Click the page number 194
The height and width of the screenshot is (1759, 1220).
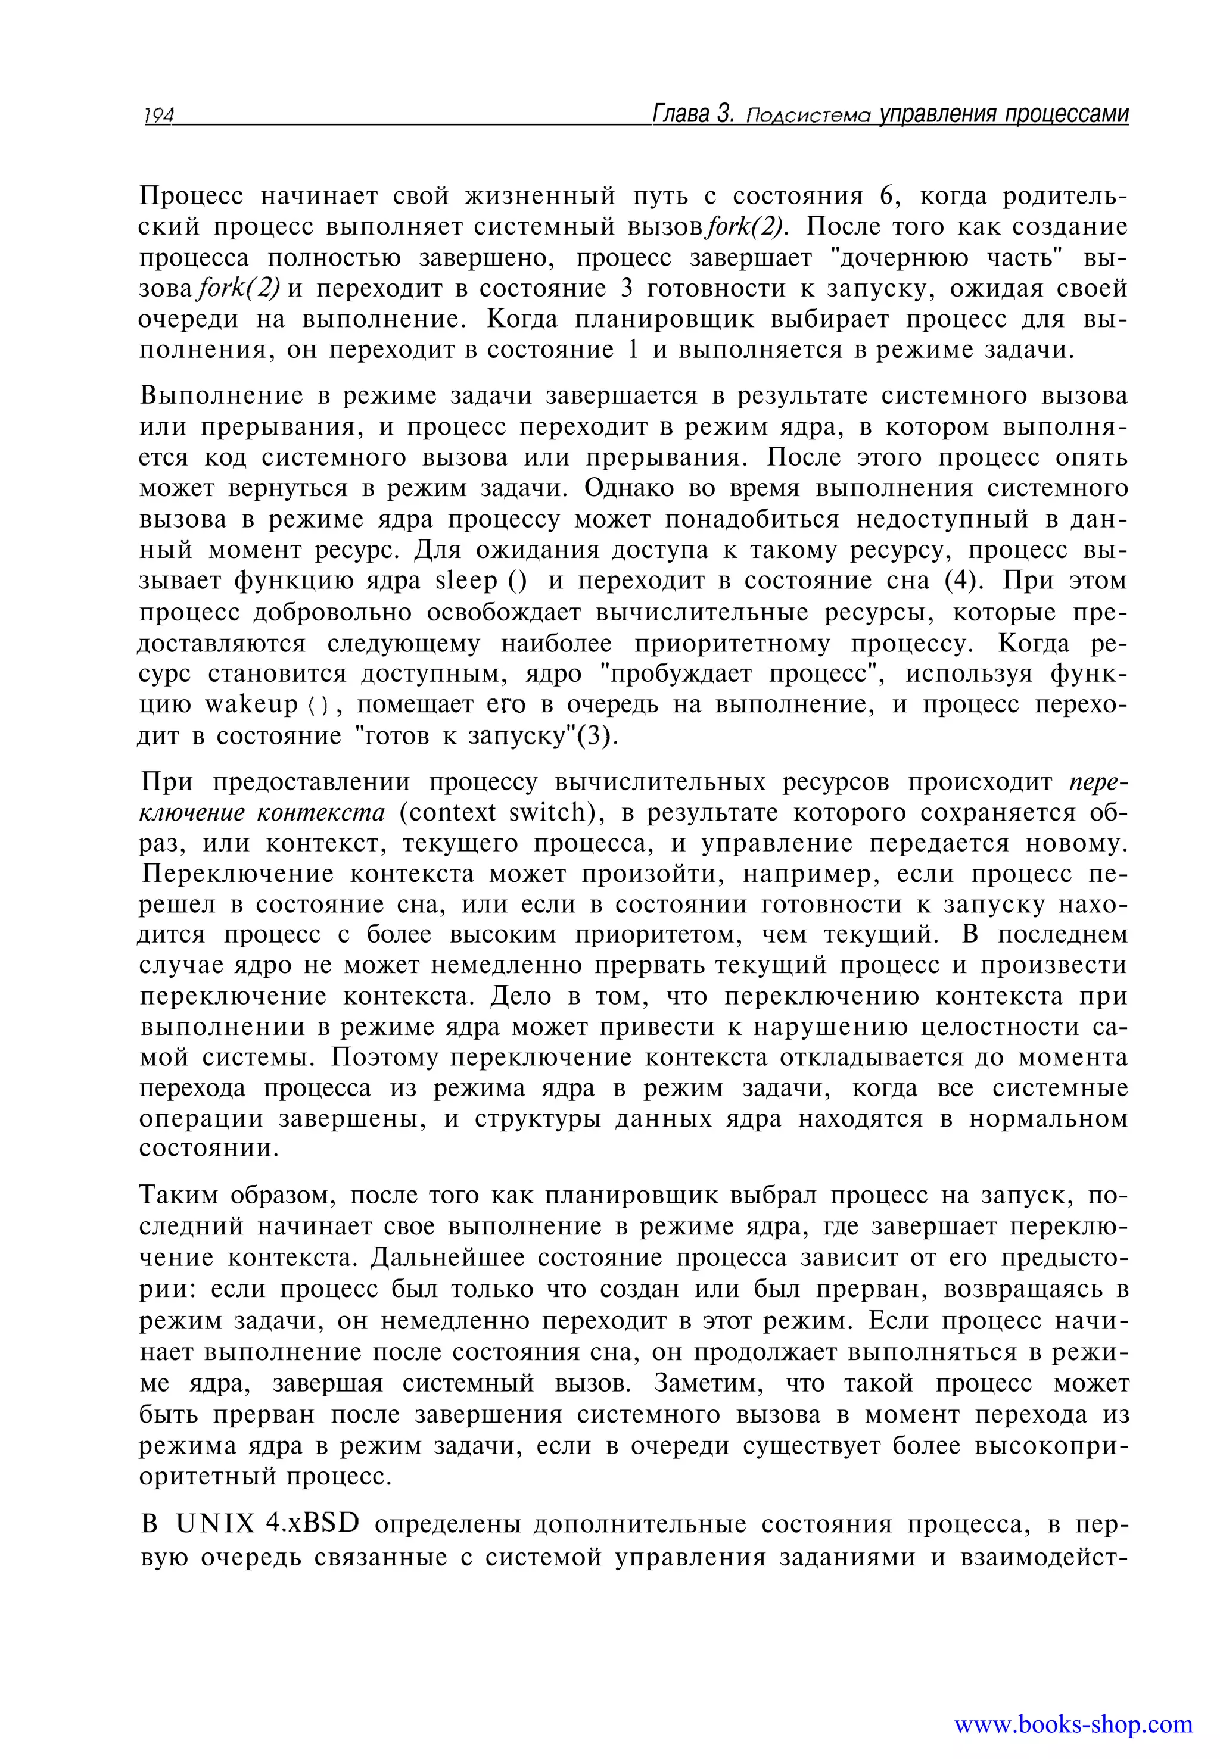[x=158, y=116]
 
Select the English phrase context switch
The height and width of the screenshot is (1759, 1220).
[x=499, y=812]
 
